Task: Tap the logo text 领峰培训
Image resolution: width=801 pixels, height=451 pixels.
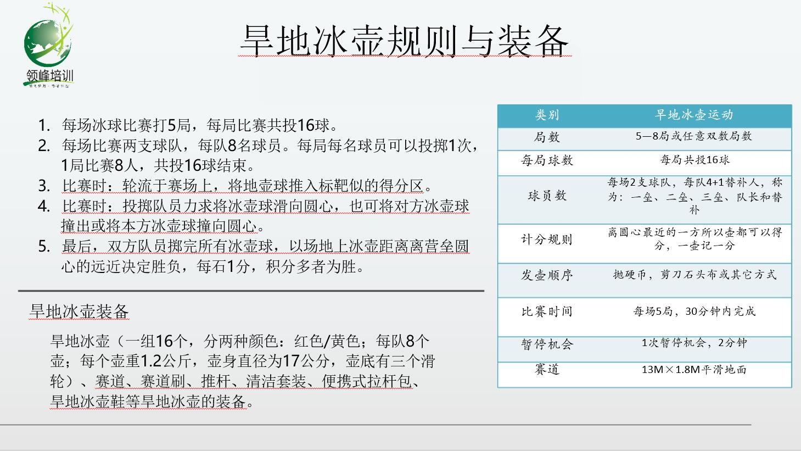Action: point(50,76)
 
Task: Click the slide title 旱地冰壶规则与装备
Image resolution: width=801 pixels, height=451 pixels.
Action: point(405,41)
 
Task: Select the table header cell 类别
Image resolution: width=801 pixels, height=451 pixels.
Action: point(547,115)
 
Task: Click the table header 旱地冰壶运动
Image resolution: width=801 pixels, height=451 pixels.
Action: point(694,115)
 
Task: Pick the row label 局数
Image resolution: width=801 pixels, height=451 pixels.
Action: point(547,137)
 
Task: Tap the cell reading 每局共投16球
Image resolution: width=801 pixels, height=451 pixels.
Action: point(694,160)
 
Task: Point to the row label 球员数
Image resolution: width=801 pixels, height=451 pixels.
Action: point(547,196)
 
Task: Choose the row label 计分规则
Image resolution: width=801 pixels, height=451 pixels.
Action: point(547,239)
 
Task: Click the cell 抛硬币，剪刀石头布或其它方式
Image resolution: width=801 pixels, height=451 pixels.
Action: point(694,275)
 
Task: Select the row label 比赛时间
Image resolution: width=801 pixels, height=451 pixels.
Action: point(547,311)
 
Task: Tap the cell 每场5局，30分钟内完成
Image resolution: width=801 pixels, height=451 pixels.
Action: point(694,311)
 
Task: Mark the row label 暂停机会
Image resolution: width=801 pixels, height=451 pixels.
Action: point(547,344)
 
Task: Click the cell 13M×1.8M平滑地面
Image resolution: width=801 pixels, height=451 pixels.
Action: point(694,369)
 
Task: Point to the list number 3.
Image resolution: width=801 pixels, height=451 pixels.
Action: point(43,186)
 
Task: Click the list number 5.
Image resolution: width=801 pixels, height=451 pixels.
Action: point(43,246)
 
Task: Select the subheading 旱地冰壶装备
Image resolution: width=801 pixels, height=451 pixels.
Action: point(79,311)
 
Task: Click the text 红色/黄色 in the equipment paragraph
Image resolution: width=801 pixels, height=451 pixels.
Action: point(327,341)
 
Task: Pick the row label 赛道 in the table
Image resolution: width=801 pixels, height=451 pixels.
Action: point(547,369)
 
